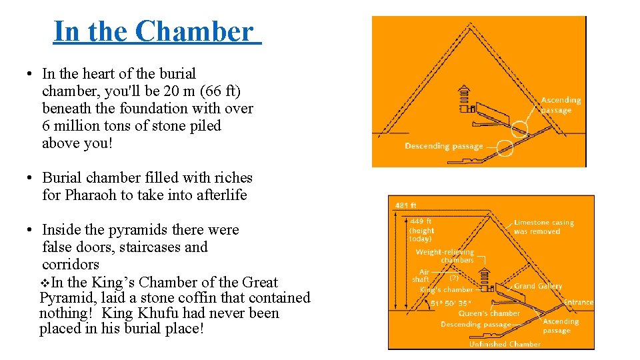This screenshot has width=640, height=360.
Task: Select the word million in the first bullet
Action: (81, 125)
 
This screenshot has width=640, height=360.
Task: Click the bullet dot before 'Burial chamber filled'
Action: (31, 179)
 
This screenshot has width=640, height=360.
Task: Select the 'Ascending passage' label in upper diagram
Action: (561, 105)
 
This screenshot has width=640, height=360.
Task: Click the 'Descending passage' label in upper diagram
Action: (443, 146)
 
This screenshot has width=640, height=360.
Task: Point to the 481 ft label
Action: (406, 205)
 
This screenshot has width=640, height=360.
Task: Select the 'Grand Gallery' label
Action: (538, 286)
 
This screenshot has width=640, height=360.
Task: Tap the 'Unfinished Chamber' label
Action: (505, 344)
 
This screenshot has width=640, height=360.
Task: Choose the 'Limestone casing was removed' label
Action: (543, 227)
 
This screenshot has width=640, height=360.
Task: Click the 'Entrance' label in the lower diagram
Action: (578, 302)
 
